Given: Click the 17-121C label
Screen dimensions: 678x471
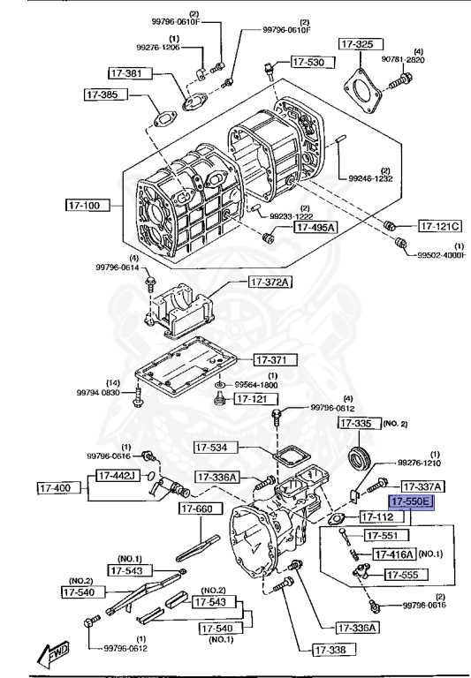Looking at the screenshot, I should click(440, 225).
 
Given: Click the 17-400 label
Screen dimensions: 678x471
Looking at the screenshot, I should click(59, 487).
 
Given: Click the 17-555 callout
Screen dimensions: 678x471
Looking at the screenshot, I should click(405, 574).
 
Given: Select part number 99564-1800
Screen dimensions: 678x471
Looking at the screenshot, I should click(256, 385).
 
